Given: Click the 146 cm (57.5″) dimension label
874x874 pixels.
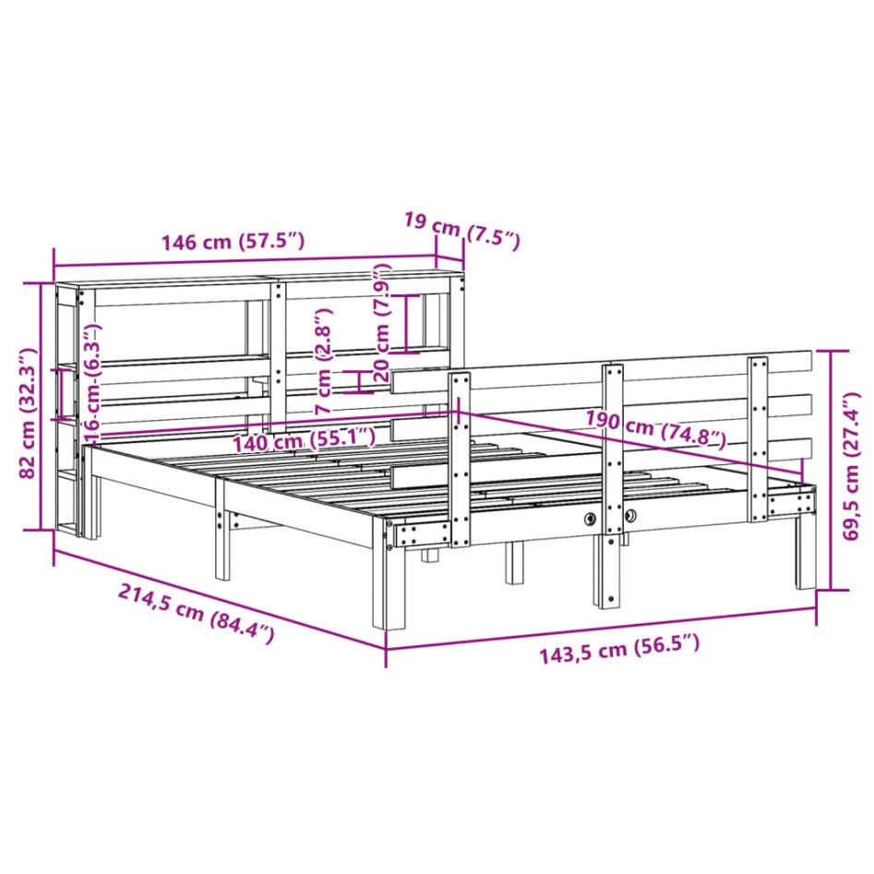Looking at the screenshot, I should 232,243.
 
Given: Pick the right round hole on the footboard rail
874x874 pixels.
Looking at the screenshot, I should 629,517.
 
